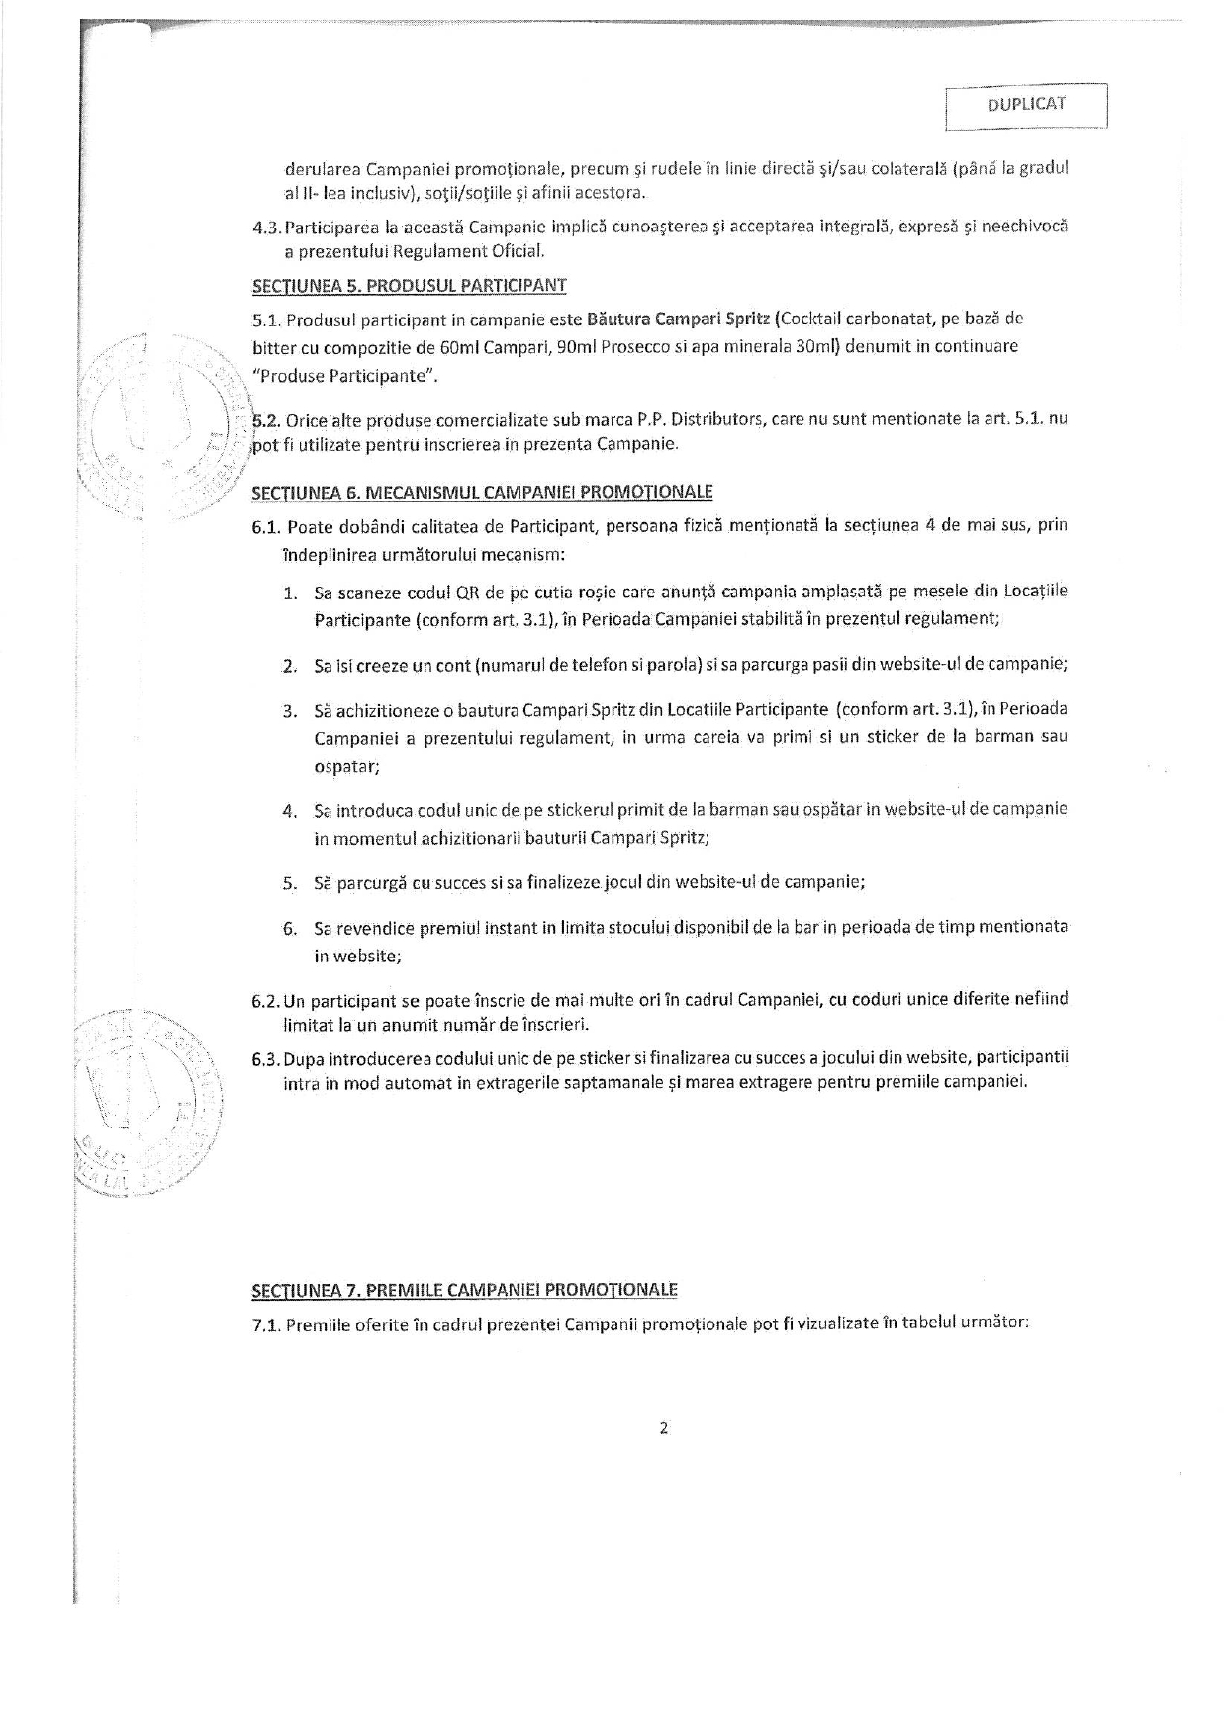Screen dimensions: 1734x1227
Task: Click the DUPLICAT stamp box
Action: pyautogui.click(x=1025, y=106)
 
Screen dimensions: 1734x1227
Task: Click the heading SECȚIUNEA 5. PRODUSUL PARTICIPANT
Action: pyautogui.click(x=409, y=286)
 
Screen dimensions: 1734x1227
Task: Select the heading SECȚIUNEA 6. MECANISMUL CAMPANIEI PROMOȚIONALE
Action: pyautogui.click(x=482, y=492)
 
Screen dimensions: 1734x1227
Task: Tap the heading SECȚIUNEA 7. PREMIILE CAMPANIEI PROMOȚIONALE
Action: pyautogui.click(x=464, y=1290)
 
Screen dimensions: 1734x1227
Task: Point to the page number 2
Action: pyautogui.click(x=663, y=1427)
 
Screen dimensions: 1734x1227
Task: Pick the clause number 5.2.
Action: pyautogui.click(x=266, y=420)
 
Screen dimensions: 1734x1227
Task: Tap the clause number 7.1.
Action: pyautogui.click(x=268, y=1325)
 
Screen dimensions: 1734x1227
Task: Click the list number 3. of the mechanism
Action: pyautogui.click(x=290, y=711)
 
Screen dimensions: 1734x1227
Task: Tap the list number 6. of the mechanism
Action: pyautogui.click(x=290, y=929)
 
